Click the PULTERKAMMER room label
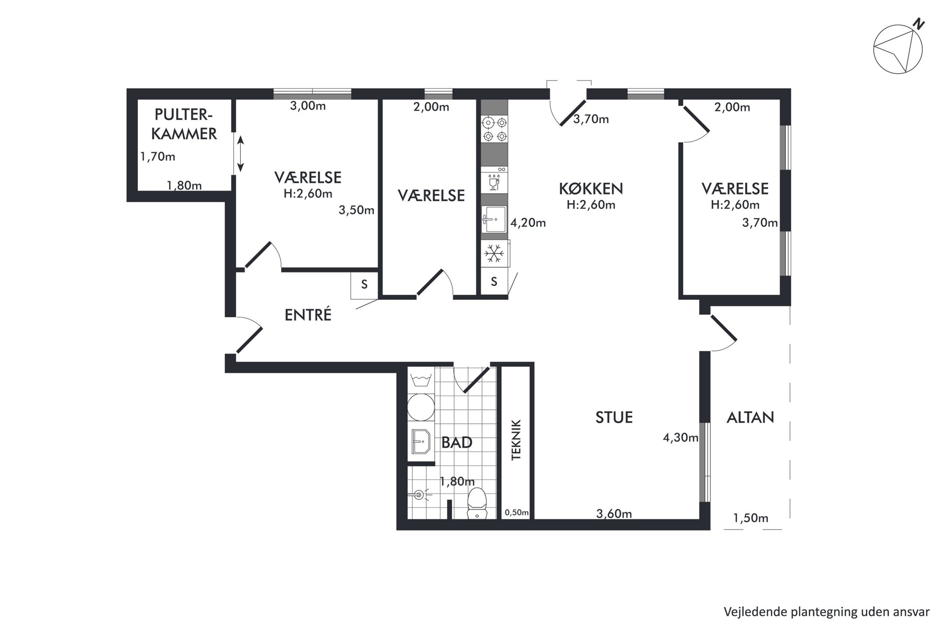click(184, 124)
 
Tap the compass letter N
click(918, 24)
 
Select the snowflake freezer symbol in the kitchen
click(494, 254)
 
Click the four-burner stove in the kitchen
click(494, 129)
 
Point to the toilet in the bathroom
click(476, 503)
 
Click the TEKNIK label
click(516, 440)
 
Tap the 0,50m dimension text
click(517, 512)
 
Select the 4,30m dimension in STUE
click(680, 438)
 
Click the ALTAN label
click(750, 418)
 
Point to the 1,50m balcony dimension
click(750, 518)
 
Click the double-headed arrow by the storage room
click(240, 153)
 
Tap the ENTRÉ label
click(308, 314)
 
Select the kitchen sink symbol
click(494, 219)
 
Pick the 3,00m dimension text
click(308, 106)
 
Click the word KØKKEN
click(591, 189)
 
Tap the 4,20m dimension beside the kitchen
click(528, 223)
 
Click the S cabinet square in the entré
click(364, 285)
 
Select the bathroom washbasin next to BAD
click(421, 441)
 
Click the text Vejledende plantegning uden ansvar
click(826, 612)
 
